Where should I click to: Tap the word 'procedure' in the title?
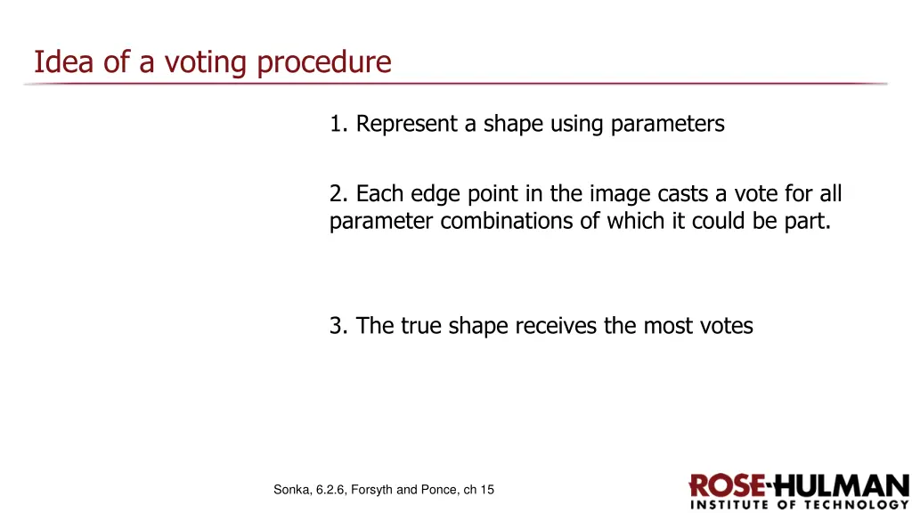(x=324, y=62)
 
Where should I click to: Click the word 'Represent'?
(x=407, y=124)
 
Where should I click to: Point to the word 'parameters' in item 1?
(x=667, y=124)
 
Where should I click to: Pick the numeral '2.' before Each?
(x=338, y=193)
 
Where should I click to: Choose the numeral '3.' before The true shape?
(x=338, y=326)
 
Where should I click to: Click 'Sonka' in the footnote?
(x=293, y=489)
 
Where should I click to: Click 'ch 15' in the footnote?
(x=478, y=489)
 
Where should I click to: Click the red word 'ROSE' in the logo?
(x=726, y=486)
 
